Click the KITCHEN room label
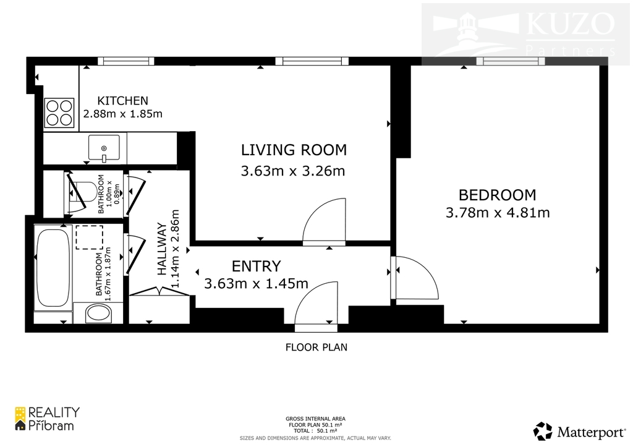(x=123, y=101)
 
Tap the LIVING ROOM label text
(x=294, y=150)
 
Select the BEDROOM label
(x=498, y=195)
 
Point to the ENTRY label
(x=256, y=266)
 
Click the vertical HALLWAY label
(x=162, y=249)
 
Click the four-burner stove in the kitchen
(x=59, y=113)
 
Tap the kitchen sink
(x=104, y=148)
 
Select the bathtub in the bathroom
(x=53, y=268)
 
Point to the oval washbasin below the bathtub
(x=98, y=313)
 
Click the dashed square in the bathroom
(x=89, y=237)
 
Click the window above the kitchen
(x=126, y=61)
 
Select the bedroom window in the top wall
(x=511, y=61)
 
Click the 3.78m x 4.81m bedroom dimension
(x=498, y=213)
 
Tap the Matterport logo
(x=579, y=432)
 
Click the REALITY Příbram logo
(x=47, y=419)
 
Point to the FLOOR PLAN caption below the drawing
(x=316, y=347)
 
